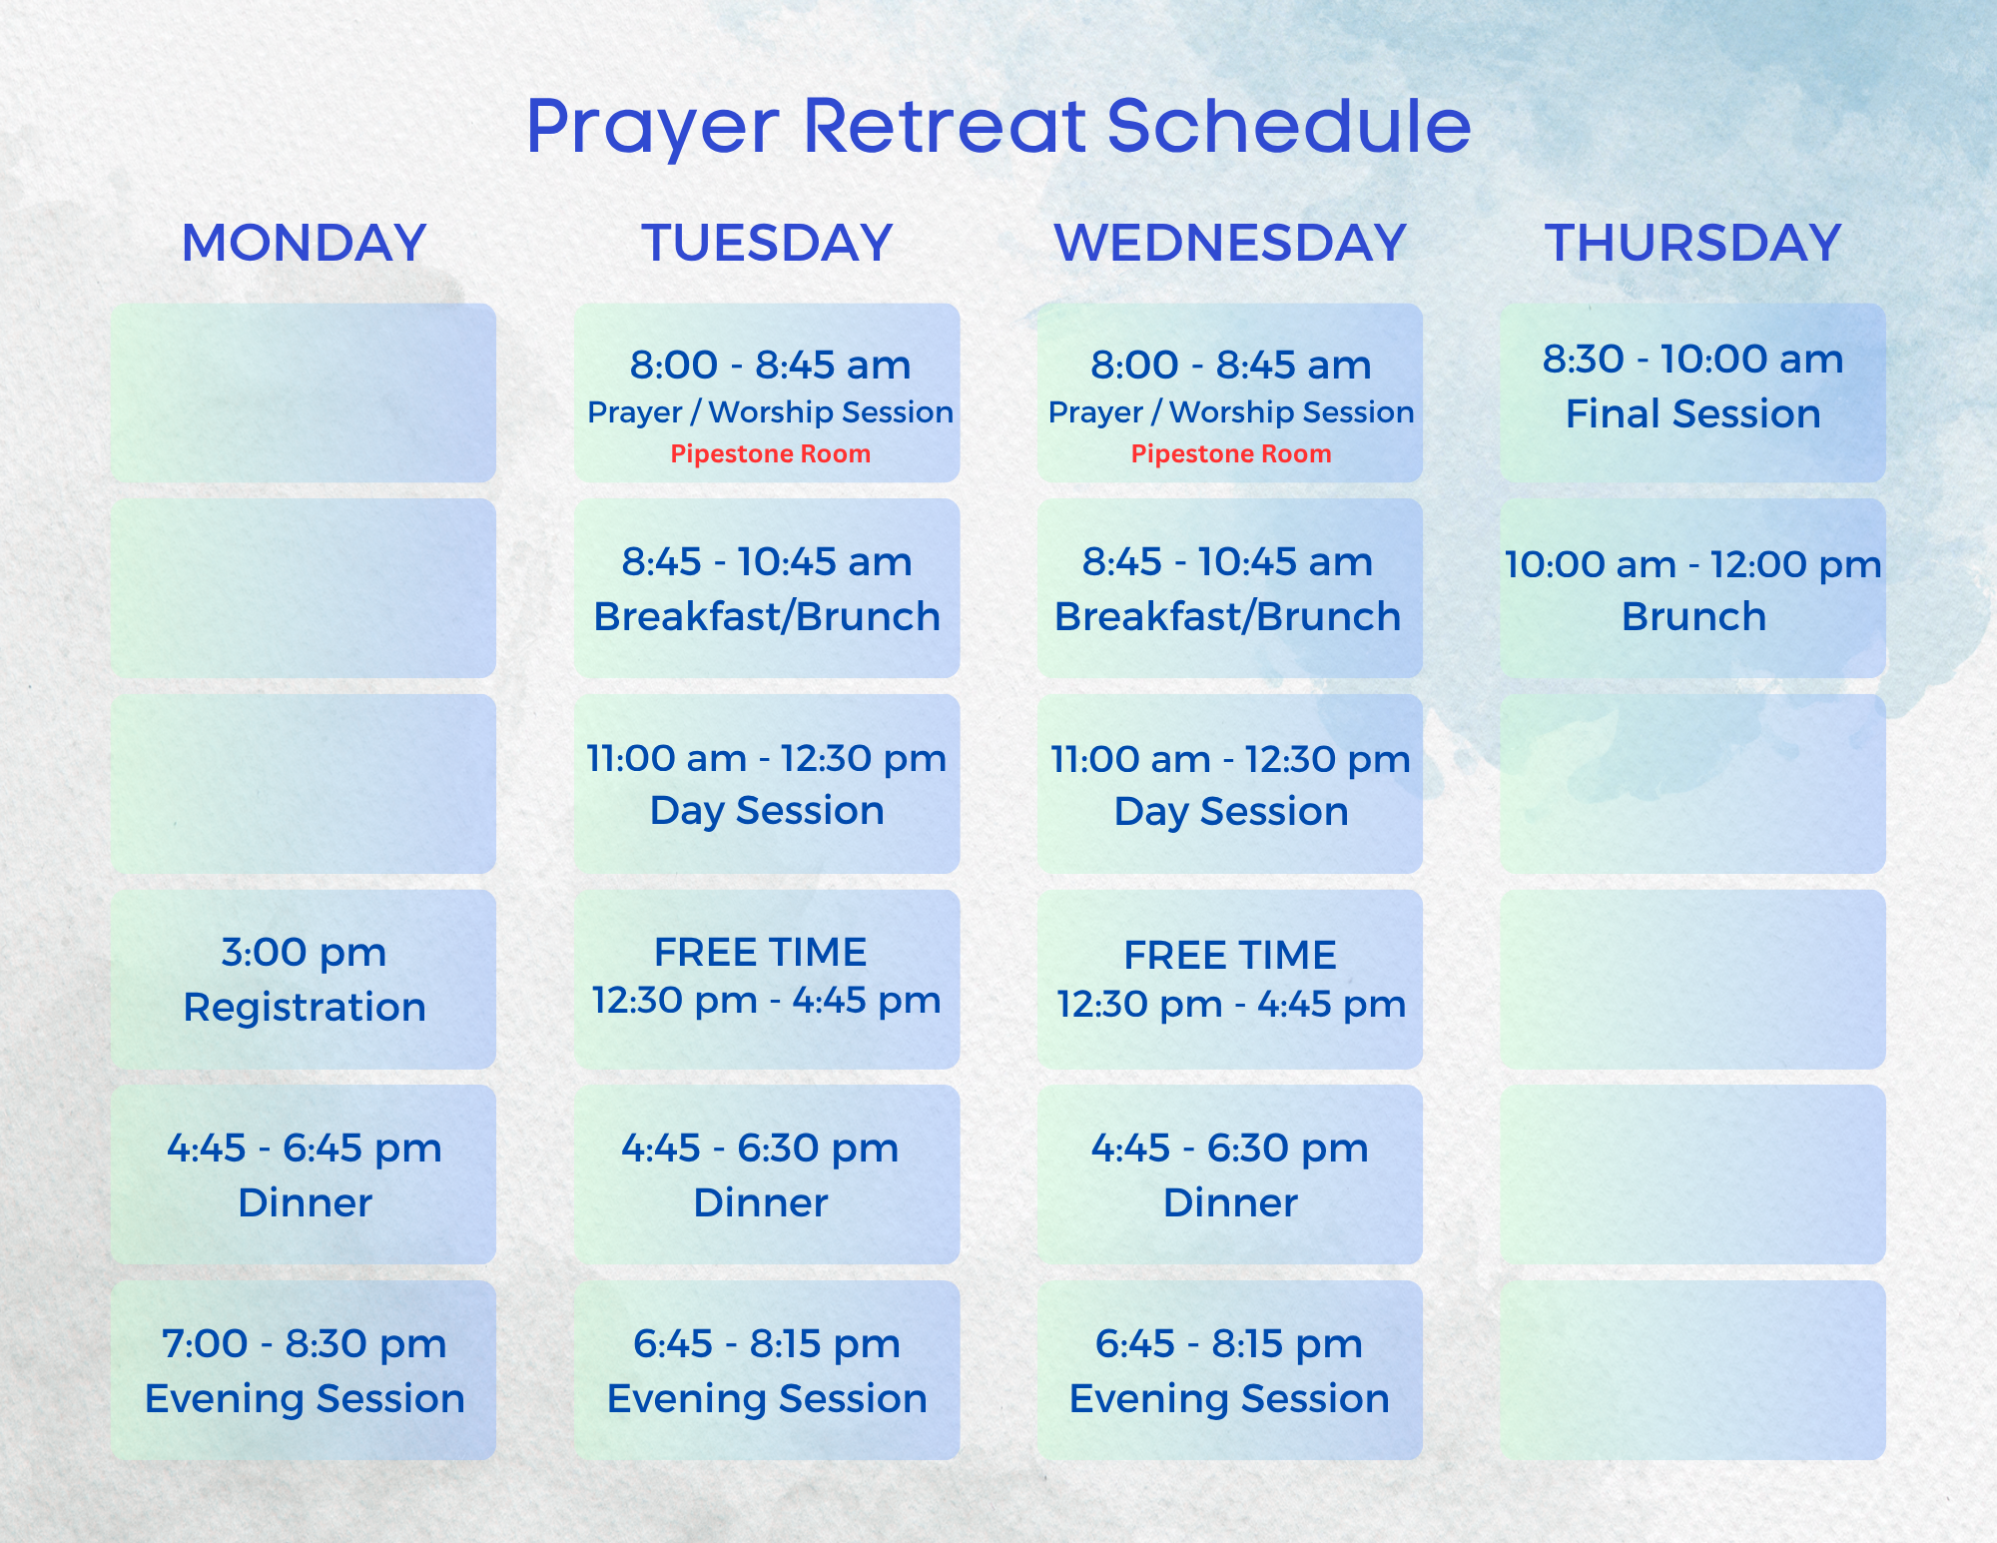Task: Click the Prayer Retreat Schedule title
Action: tap(998, 127)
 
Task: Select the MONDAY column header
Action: tap(304, 243)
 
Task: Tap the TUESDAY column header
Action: tap(767, 243)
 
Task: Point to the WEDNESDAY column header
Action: tap(1230, 243)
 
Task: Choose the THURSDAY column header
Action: tap(1692, 243)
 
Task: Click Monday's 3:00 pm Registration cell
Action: tap(304, 979)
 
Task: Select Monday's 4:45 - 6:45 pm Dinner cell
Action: tap(304, 1174)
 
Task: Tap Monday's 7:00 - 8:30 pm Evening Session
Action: tap(304, 1370)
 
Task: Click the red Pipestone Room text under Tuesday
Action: tap(770, 454)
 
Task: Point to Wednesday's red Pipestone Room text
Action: tap(1230, 454)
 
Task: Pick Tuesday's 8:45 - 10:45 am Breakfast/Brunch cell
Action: tap(767, 588)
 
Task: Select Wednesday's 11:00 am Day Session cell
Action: tap(1230, 784)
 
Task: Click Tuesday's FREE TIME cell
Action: tap(767, 979)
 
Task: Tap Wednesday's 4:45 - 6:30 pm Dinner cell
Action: tap(1230, 1174)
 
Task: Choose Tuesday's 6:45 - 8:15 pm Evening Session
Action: tap(767, 1370)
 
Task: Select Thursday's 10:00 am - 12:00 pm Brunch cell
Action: tap(1692, 588)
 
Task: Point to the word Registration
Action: tap(305, 1007)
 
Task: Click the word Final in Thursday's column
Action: tap(1608, 413)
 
